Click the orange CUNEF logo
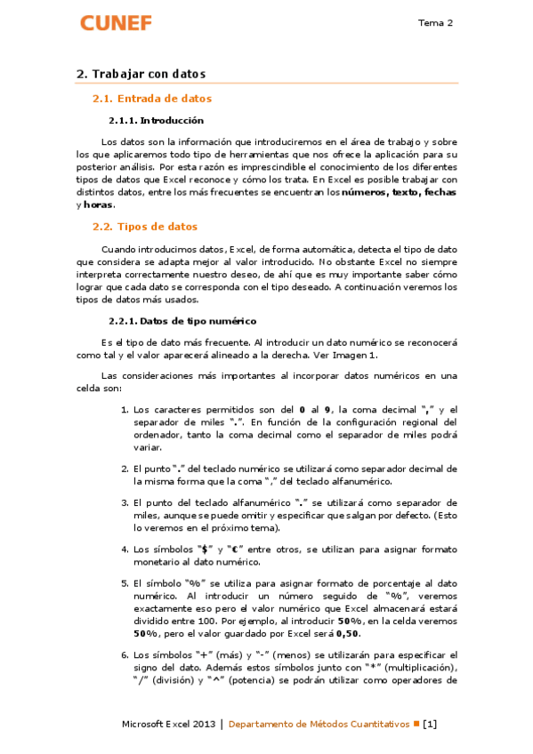coord(116,23)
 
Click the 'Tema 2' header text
coord(436,23)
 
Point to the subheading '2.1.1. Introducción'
coord(156,120)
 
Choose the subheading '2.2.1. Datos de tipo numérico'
coord(182,320)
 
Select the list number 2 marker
coord(124,468)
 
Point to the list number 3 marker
coord(124,502)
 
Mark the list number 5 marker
coord(124,583)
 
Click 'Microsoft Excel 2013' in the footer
coord(169,724)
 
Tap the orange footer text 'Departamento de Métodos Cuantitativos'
coord(319,724)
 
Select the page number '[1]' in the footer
coord(430,724)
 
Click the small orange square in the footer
coord(416,724)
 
